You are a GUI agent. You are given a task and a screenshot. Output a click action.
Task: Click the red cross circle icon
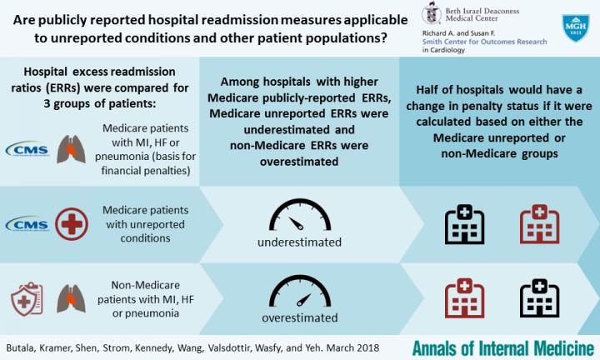tap(71, 224)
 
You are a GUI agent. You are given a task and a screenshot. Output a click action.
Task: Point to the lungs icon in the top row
tap(71, 147)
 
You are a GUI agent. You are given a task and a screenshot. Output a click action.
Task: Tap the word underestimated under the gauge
tap(300, 243)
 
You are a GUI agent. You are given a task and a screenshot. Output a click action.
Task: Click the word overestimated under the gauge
tap(300, 317)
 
